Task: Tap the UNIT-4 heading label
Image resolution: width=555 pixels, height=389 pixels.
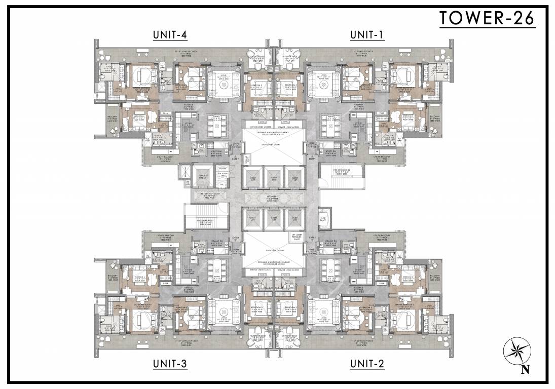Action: (170, 34)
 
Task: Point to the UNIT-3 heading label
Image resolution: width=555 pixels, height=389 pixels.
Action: (170, 363)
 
